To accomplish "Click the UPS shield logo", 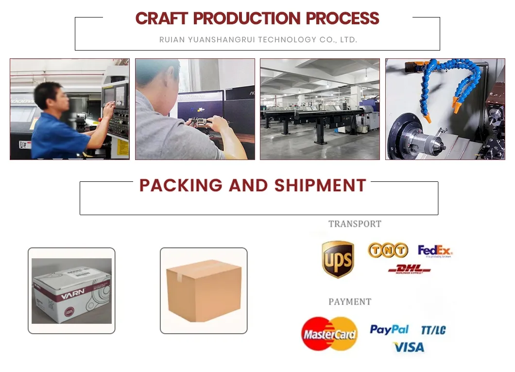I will coord(338,259).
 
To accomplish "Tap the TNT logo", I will coord(387,250).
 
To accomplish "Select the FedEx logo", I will coord(435,251).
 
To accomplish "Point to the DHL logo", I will coord(409,269).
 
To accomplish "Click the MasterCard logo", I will coord(329,334).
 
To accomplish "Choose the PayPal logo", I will coord(389,330).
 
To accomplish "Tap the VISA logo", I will coord(409,347).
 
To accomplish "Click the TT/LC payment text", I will coord(433,330).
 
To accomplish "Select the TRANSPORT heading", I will coord(355,224).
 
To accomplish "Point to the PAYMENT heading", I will coord(350,301).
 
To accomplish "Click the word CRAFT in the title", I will coord(162,18).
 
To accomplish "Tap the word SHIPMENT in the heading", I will coord(320,185).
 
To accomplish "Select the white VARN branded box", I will coord(71,291).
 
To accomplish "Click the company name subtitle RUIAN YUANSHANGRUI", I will coord(258,40).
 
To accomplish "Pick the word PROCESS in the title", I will coord(342,18).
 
